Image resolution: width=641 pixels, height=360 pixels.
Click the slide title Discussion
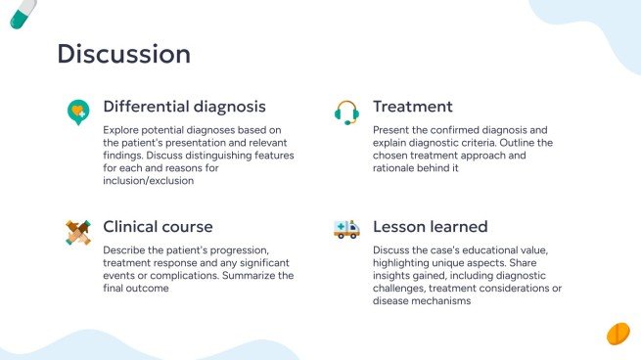123,53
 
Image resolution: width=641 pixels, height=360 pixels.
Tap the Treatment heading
412,106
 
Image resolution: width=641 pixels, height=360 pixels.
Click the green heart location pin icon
77,112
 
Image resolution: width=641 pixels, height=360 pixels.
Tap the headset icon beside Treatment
346,112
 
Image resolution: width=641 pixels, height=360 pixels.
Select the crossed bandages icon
77,231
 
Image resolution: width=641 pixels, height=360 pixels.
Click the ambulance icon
346,230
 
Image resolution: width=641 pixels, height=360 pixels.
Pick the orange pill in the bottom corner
618,334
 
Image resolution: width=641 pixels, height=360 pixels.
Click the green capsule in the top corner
23,13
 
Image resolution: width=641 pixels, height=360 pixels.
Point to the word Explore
122,129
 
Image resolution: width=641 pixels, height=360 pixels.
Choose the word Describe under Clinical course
127,249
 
